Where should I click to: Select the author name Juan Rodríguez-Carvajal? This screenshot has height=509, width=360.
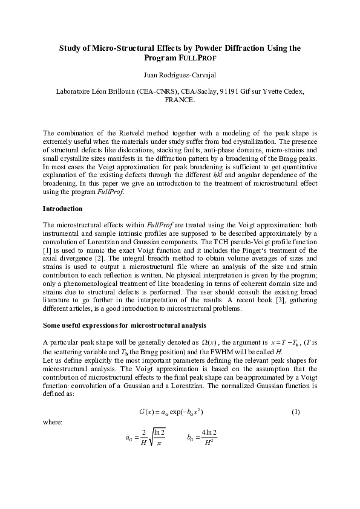tap(180, 77)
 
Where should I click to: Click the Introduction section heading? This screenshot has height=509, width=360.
tap(63, 209)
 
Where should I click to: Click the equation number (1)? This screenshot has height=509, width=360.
tap(295, 412)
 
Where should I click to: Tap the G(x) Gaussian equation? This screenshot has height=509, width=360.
tap(175, 412)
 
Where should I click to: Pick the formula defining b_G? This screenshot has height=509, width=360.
tap(202, 435)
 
